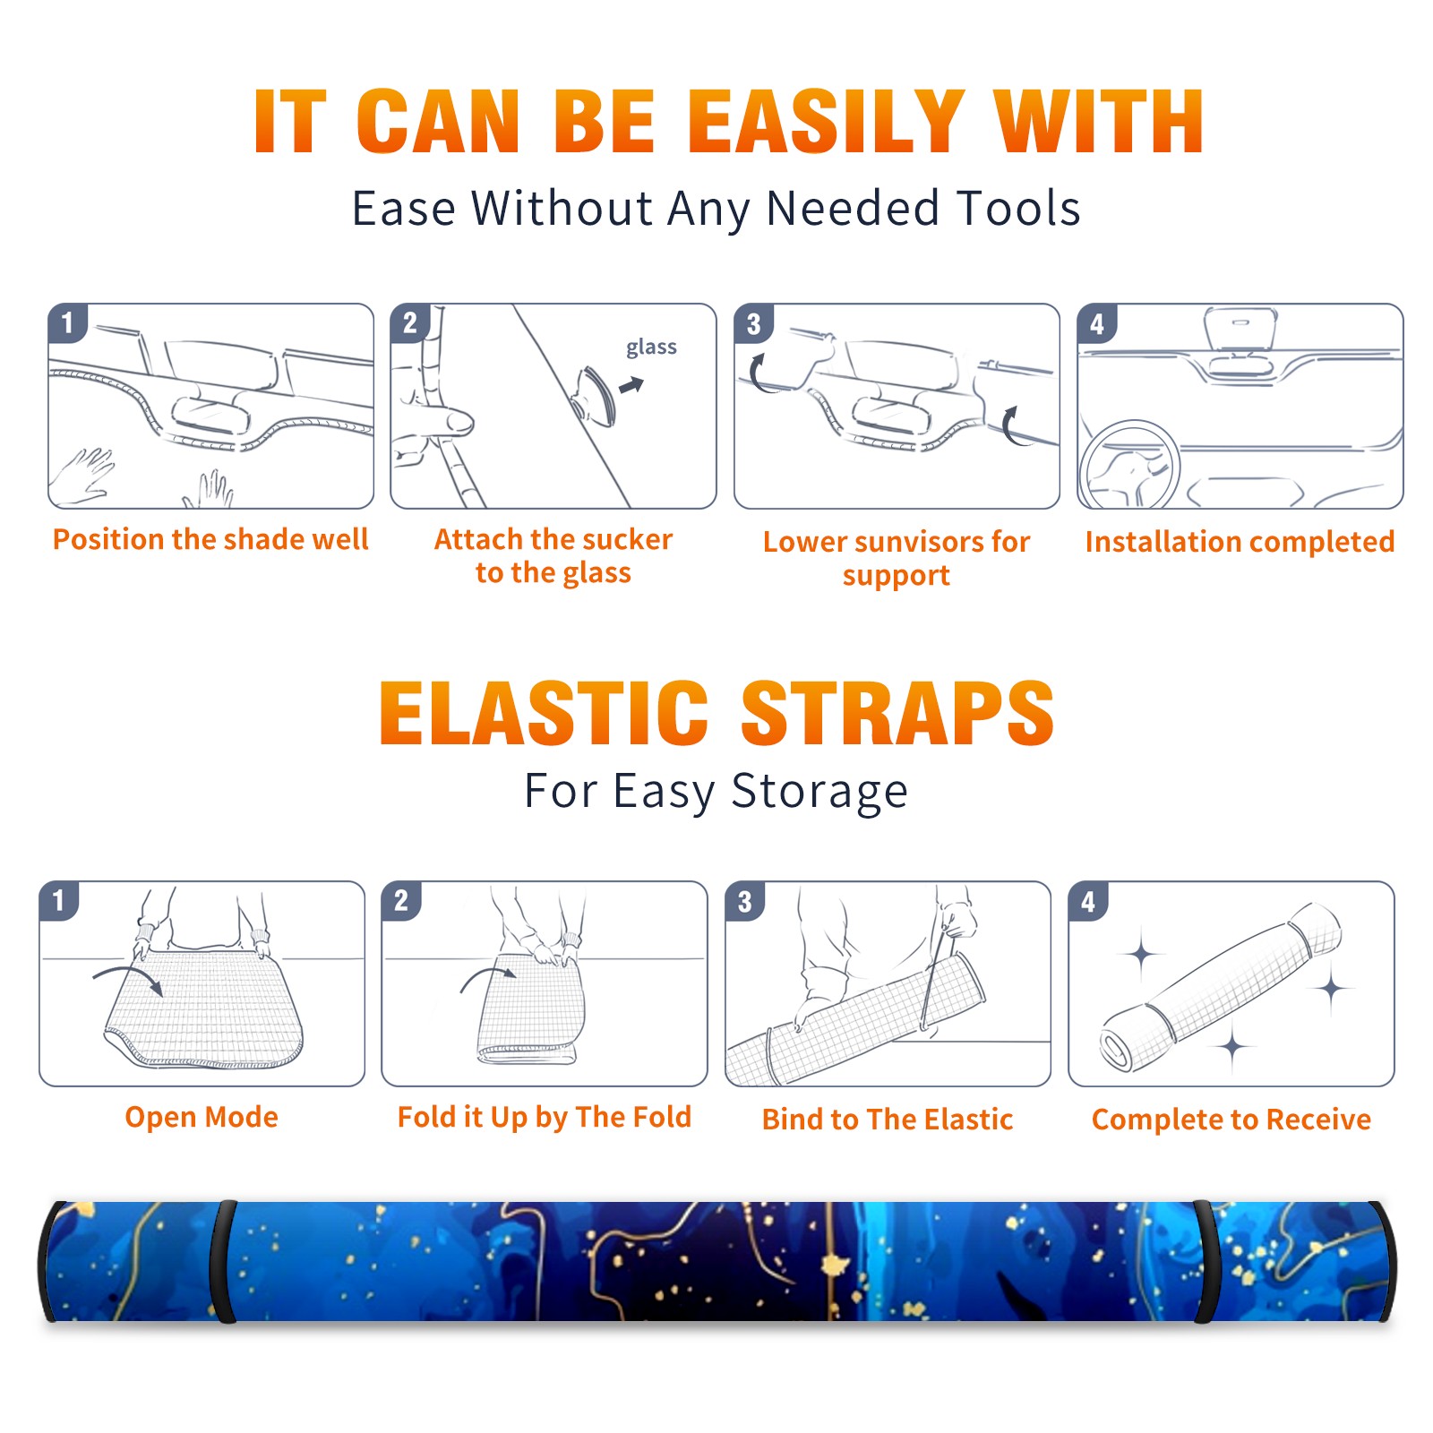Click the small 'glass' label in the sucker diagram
coord(651,348)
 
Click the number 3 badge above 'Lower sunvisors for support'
coord(754,323)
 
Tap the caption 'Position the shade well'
coord(210,539)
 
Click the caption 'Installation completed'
coord(1240,542)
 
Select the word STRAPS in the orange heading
coord(897,713)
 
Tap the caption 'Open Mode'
coord(202,1117)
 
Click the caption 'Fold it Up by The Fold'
coord(545,1118)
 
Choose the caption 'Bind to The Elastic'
coord(888,1120)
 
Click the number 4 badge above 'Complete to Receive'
coord(1088,901)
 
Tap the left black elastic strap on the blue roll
coord(223,1261)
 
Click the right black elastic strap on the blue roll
coord(1205,1261)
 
